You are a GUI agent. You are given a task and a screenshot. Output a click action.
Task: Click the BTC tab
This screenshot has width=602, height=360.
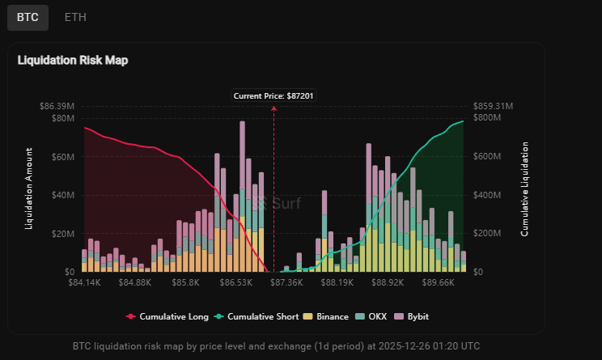tap(28, 17)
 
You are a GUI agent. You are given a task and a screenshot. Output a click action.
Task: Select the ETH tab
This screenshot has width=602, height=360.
tap(75, 17)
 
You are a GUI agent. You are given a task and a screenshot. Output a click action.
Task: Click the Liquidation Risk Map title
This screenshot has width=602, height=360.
tap(73, 60)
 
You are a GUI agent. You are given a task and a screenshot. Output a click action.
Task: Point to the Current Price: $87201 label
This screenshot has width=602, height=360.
tap(273, 95)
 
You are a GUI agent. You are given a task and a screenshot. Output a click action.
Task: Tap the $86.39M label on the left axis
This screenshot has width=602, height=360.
tap(57, 106)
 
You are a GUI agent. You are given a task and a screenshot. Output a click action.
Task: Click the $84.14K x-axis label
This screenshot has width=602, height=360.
tap(85, 283)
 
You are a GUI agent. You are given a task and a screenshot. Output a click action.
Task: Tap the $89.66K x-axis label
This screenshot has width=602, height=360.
tap(437, 283)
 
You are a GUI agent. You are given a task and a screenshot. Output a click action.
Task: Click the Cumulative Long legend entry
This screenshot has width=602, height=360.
tap(167, 316)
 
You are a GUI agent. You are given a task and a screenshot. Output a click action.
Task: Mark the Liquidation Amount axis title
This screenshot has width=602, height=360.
tap(30, 188)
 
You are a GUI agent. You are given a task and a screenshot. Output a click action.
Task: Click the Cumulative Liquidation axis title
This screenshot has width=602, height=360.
tap(524, 188)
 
